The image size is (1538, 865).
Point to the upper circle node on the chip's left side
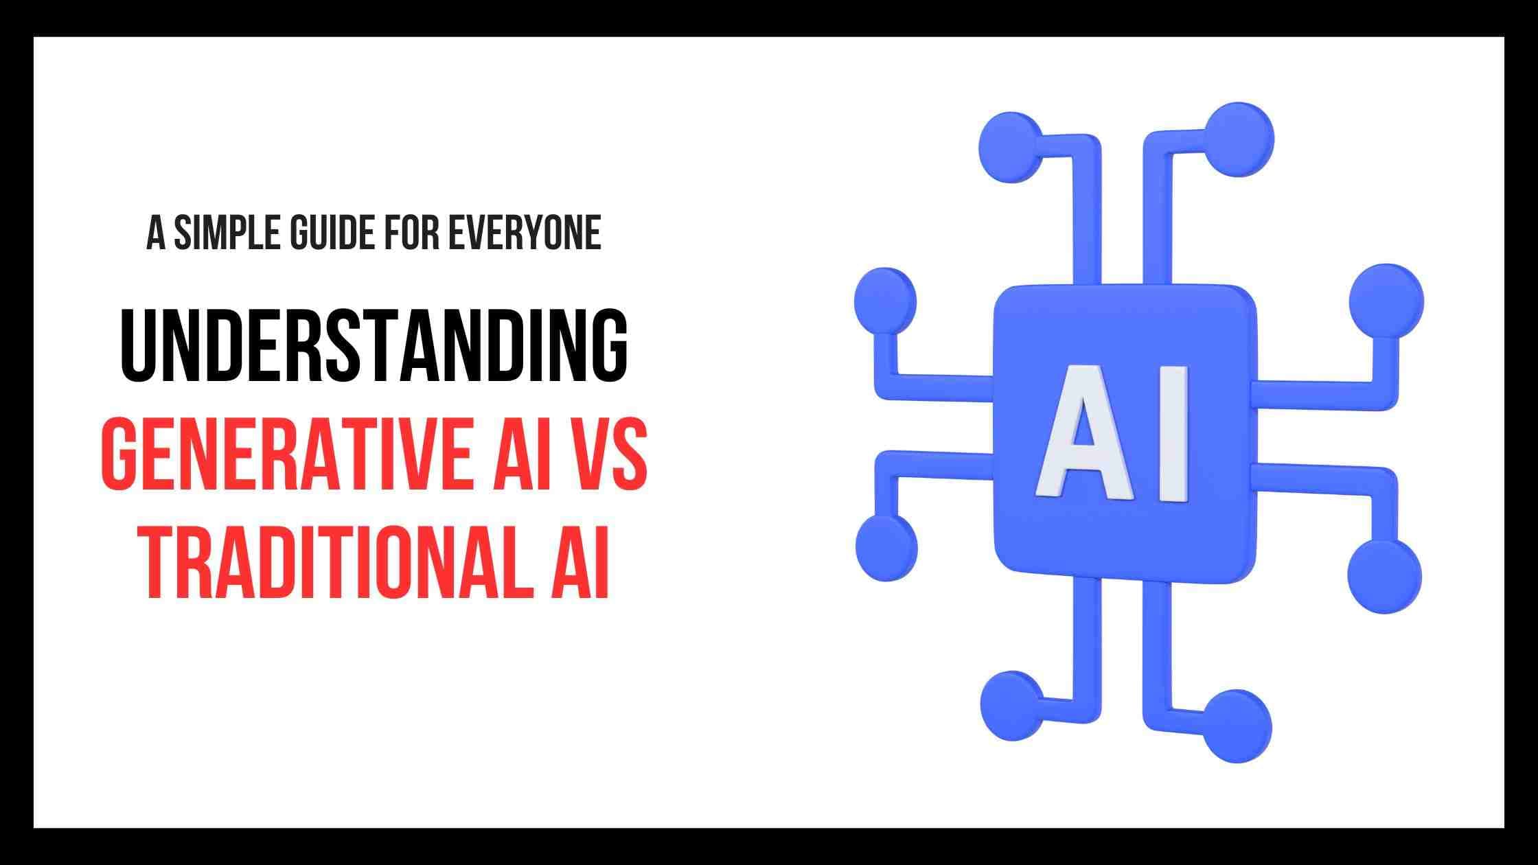tap(885, 301)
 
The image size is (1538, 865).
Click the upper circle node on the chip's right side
tap(1386, 300)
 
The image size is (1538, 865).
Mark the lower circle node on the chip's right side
tap(1384, 575)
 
